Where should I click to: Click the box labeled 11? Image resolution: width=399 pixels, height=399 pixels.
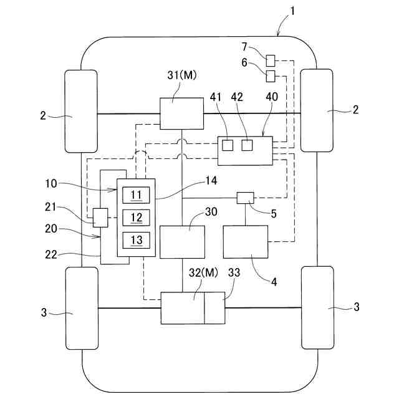tap(137, 195)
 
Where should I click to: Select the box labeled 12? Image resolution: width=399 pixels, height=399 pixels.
tap(137, 218)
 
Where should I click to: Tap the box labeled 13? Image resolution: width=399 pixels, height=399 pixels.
tap(137, 240)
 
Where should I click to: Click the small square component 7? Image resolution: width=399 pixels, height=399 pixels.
tap(271, 60)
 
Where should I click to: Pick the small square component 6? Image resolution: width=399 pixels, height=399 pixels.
tap(271, 76)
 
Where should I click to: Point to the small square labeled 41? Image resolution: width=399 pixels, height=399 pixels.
tap(228, 145)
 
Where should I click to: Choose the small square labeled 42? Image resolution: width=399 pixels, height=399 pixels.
tap(248, 145)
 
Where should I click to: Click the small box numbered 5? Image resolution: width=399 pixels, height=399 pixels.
tap(245, 198)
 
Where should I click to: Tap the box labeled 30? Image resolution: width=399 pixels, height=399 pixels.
tap(182, 242)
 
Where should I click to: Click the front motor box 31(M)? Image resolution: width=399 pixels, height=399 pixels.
tap(181, 113)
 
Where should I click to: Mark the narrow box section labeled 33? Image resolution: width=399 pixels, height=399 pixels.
tap(214, 307)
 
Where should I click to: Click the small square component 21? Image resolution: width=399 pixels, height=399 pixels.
tap(100, 218)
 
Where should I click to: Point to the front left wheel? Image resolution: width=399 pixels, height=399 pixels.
tap(81, 111)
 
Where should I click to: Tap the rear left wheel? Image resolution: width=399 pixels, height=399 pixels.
tap(81, 307)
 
